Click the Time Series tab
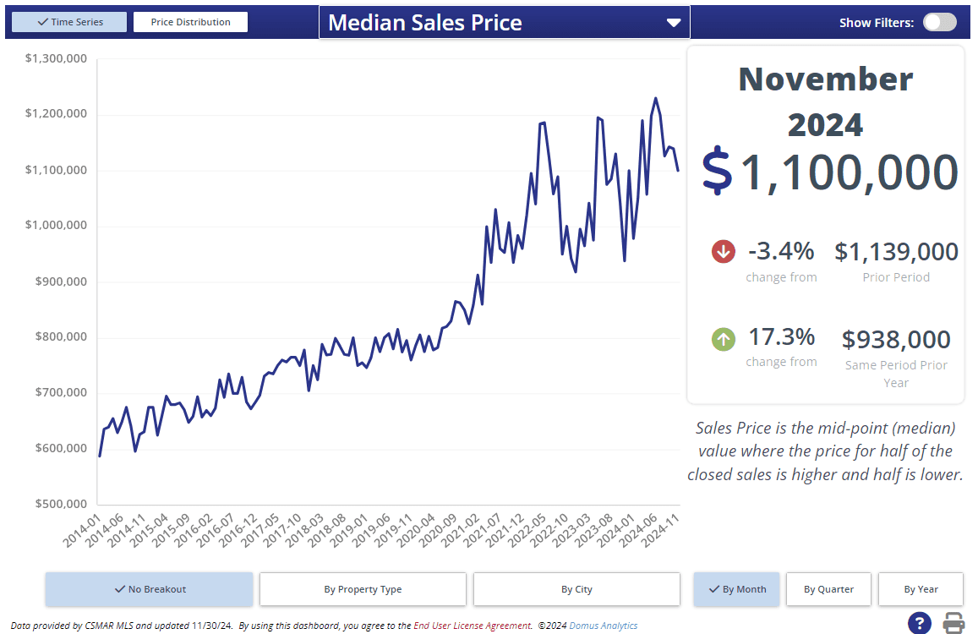tap(69, 22)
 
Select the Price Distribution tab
tap(190, 22)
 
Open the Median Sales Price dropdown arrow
tap(674, 23)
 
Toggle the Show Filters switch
tap(939, 23)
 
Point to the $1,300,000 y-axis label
tap(57, 58)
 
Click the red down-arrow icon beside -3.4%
tap(724, 251)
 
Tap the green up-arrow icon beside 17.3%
tap(724, 340)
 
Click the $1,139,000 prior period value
tap(896, 252)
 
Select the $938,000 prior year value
tap(896, 340)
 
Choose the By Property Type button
tap(363, 589)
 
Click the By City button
tap(576, 589)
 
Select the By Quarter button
tap(828, 589)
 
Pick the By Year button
tap(921, 589)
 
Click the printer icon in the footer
tap(954, 624)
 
